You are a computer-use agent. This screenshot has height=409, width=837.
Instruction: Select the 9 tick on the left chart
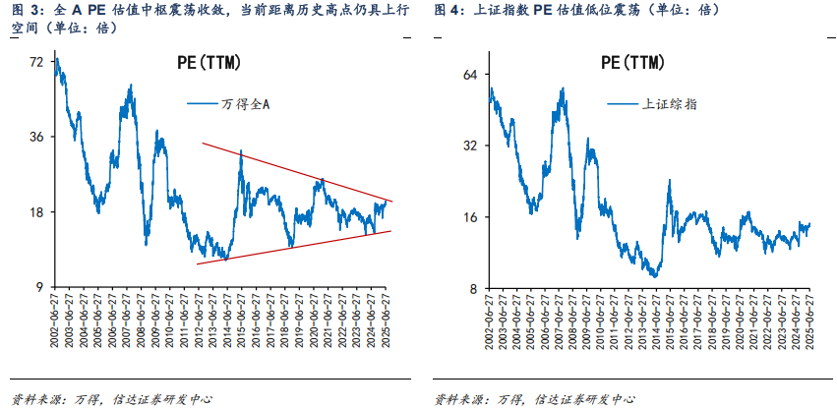click(x=39, y=286)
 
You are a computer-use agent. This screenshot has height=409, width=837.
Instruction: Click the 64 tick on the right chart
click(x=470, y=75)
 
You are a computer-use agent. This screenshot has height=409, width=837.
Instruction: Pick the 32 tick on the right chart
click(x=470, y=146)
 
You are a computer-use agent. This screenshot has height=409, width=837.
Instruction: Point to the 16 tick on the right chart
click(x=470, y=217)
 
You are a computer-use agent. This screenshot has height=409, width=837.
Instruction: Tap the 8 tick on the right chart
click(x=473, y=288)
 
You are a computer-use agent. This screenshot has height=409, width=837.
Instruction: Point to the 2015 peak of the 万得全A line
click(x=240, y=151)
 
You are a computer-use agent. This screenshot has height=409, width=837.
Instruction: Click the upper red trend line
click(x=295, y=172)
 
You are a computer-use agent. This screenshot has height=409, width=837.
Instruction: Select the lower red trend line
click(x=295, y=247)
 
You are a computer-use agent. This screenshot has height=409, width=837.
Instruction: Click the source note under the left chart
click(x=111, y=399)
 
